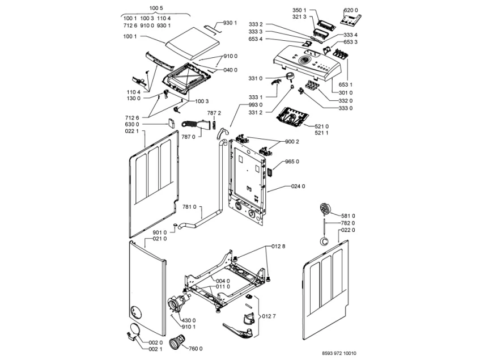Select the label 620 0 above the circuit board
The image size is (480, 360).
(x=352, y=10)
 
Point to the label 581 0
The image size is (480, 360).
(x=349, y=215)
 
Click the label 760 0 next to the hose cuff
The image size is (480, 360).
(x=196, y=348)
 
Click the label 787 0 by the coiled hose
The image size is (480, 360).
(x=189, y=137)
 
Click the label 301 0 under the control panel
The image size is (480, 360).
(x=346, y=92)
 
